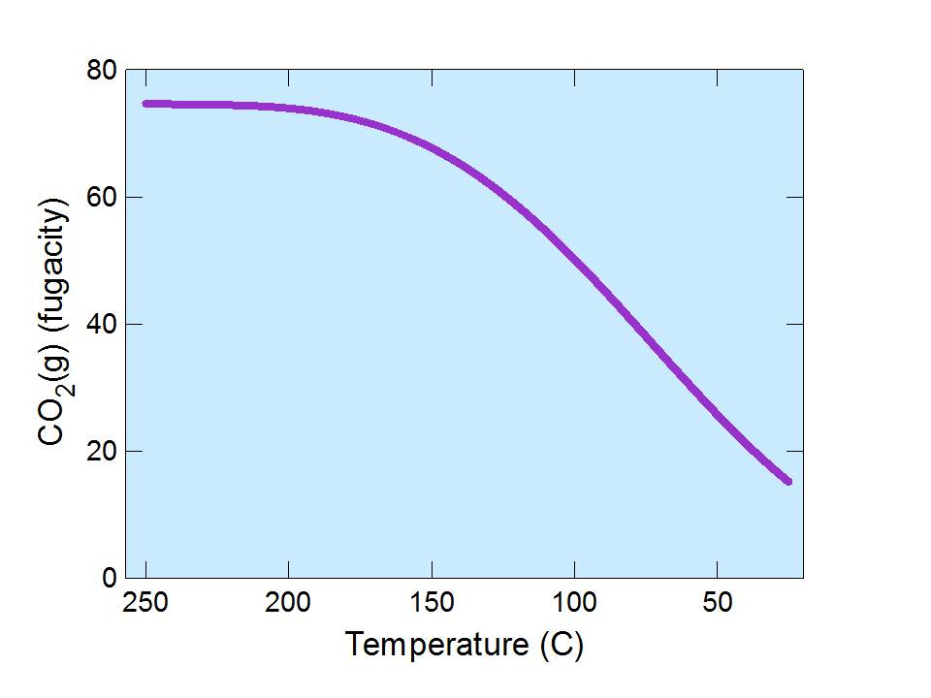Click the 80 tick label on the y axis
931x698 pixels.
pyautogui.click(x=101, y=71)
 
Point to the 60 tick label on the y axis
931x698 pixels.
pyautogui.click(x=101, y=198)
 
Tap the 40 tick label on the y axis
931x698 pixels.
pyautogui.click(x=101, y=325)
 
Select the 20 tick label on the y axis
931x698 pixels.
pyautogui.click(x=101, y=452)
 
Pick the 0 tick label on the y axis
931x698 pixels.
pyautogui.click(x=109, y=578)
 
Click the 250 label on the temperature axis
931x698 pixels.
pyautogui.click(x=145, y=603)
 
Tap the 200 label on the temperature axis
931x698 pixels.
pyautogui.click(x=288, y=603)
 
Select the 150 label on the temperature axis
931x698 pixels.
pyautogui.click(x=432, y=603)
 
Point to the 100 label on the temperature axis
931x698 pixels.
pyautogui.click(x=574, y=603)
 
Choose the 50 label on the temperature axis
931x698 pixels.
pyautogui.click(x=717, y=603)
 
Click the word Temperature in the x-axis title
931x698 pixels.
pyautogui.click(x=437, y=644)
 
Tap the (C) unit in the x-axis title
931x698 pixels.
pyautogui.click(x=563, y=644)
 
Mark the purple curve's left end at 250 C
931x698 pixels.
pyautogui.click(x=146, y=104)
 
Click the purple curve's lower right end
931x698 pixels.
pyautogui.click(x=787, y=481)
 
